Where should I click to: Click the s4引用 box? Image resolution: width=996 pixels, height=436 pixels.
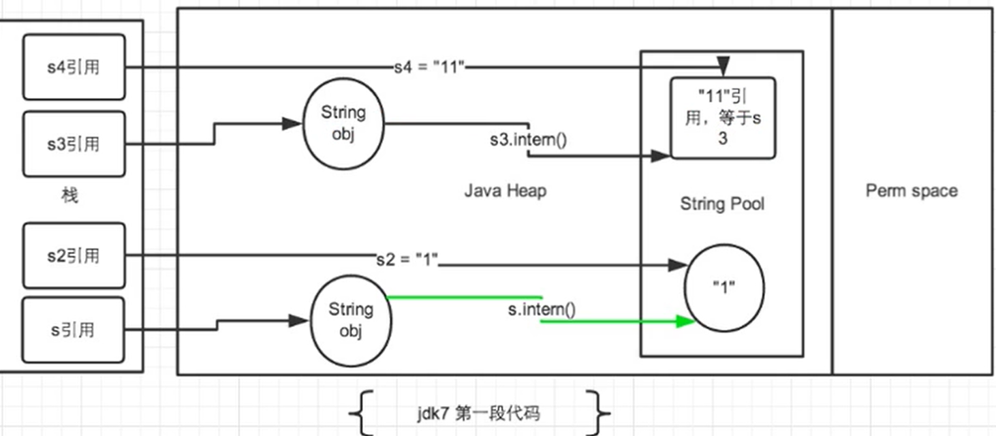tap(74, 67)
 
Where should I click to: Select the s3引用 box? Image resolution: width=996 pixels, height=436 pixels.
tap(74, 144)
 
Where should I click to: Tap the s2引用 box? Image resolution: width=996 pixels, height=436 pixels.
tap(74, 255)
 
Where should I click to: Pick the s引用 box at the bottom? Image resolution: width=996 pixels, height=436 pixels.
tap(74, 330)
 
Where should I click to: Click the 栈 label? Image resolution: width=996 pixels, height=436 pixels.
tap(69, 195)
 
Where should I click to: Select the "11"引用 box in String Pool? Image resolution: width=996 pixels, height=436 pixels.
tap(723, 118)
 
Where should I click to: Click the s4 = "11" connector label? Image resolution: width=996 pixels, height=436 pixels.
tap(429, 67)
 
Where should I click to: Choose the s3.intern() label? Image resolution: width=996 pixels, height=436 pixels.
tap(528, 140)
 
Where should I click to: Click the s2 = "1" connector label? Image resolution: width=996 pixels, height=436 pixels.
tap(407, 259)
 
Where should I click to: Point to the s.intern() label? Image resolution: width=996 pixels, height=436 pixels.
tap(542, 309)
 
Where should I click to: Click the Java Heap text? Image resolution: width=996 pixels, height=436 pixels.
tap(505, 191)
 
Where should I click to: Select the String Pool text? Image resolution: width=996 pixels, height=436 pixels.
tap(722, 204)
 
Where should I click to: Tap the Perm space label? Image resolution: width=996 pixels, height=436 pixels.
tap(912, 191)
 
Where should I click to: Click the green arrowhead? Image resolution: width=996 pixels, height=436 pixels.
tap(685, 321)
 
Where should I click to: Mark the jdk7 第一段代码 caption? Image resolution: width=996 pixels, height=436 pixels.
tap(479, 414)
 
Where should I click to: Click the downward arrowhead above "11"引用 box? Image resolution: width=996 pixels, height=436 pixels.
tap(723, 66)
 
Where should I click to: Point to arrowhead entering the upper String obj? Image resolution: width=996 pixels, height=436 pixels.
tap(292, 123)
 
